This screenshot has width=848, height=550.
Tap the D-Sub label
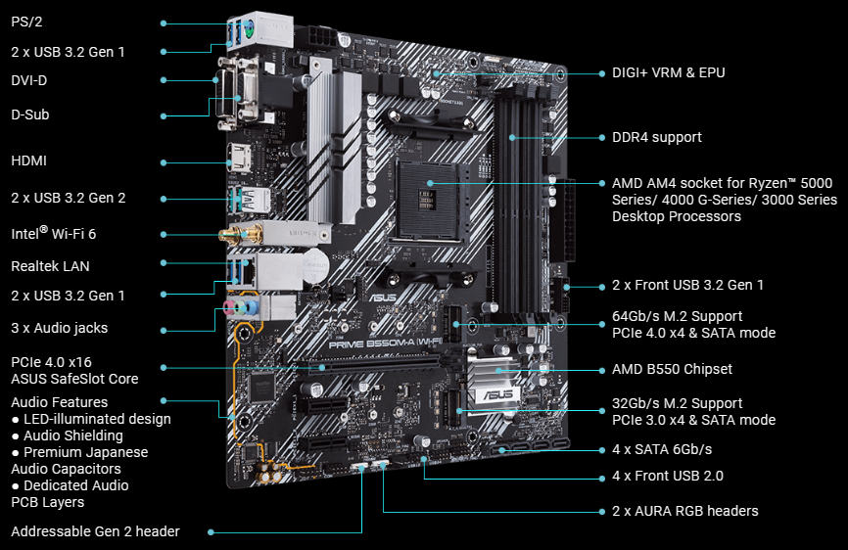coord(30,115)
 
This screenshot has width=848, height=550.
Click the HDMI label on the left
coord(29,160)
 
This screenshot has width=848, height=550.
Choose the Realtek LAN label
coord(51,265)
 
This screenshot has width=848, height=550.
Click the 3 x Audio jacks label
coord(60,328)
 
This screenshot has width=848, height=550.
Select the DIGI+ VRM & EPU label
coord(669,72)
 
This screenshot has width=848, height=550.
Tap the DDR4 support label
coord(656,137)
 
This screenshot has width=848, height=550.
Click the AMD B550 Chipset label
coord(672,369)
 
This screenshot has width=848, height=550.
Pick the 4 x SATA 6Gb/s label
coord(662,449)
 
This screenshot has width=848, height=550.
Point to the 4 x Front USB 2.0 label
coord(668,477)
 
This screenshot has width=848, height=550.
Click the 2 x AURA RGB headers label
coord(684,511)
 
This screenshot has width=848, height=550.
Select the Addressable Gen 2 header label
coord(95,531)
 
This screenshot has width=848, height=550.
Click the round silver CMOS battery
coord(314,262)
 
